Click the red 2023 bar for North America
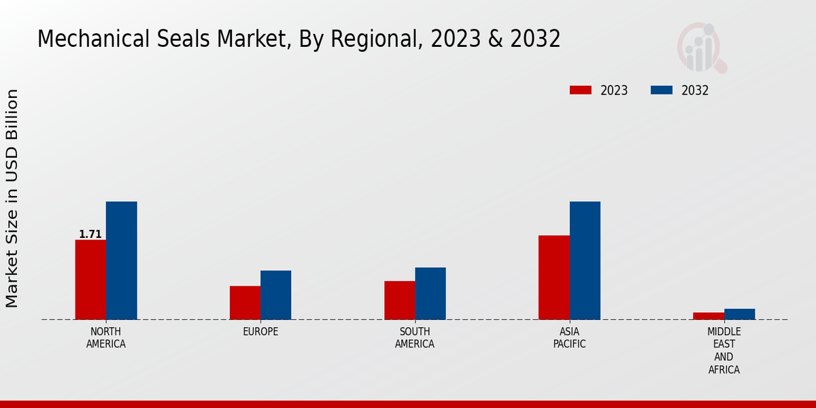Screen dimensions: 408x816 [90, 279]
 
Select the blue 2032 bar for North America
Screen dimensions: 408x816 [121, 260]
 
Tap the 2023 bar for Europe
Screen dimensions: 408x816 [245, 303]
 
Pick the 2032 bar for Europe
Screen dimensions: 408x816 [275, 295]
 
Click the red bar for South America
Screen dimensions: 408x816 [399, 300]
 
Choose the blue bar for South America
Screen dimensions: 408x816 [430, 293]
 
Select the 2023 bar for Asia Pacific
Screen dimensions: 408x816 [554, 277]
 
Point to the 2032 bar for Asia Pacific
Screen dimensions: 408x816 [585, 260]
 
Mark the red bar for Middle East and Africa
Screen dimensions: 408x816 [709, 316]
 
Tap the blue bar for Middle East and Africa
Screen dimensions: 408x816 [739, 314]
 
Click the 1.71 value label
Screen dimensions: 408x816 [90, 235]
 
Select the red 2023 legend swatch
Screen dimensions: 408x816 [580, 90]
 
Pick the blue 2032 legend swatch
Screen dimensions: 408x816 [661, 90]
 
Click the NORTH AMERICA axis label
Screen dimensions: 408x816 [106, 338]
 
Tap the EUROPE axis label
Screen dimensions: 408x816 [260, 332]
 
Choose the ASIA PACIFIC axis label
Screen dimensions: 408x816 [569, 338]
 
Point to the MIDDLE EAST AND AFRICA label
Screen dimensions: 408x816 [724, 351]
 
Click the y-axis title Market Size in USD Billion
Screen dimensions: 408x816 [12, 198]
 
